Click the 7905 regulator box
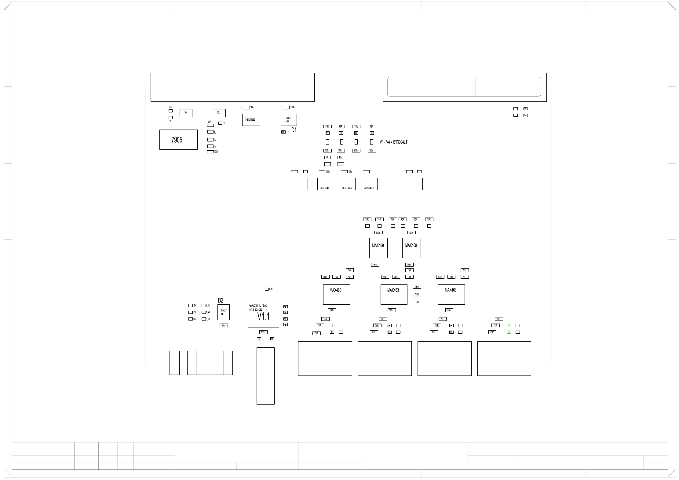(x=178, y=140)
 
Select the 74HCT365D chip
(x=251, y=120)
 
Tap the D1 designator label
(x=294, y=130)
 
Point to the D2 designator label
(x=221, y=301)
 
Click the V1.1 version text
(x=263, y=317)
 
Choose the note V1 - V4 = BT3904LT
(x=393, y=142)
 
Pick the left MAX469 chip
(x=378, y=248)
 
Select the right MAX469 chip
(x=411, y=248)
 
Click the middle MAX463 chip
(x=394, y=294)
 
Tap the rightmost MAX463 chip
(x=451, y=294)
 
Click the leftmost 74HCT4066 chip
(x=325, y=184)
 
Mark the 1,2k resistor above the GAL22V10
(x=267, y=289)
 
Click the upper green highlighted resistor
(x=509, y=326)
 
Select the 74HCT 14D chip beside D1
(x=289, y=120)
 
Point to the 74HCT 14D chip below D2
(x=223, y=312)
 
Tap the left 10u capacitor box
(x=186, y=113)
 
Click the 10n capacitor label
(x=170, y=107)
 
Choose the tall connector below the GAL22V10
(x=265, y=376)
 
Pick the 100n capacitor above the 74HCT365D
(x=246, y=108)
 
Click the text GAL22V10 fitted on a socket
(x=258, y=307)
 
